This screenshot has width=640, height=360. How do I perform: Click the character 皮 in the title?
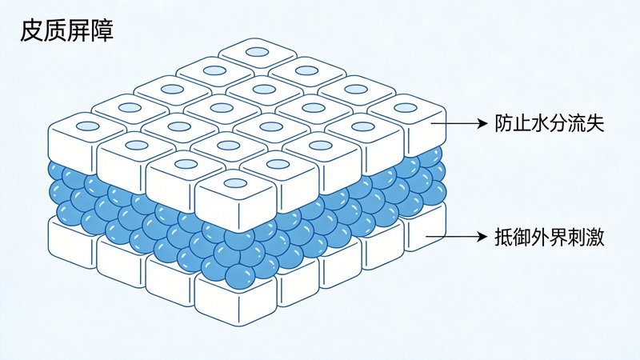click(x=31, y=31)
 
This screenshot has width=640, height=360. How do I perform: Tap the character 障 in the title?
click(x=102, y=31)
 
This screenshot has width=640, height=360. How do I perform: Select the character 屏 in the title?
click(x=78, y=31)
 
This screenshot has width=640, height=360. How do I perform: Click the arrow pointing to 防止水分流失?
click(x=459, y=123)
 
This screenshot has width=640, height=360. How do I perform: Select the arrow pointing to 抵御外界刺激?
click(x=457, y=236)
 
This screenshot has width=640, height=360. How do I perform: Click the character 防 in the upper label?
click(x=504, y=123)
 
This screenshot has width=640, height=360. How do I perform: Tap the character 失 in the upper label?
click(x=595, y=123)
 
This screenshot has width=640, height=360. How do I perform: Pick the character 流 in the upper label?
click(x=577, y=123)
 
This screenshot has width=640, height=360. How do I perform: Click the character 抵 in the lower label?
click(x=504, y=237)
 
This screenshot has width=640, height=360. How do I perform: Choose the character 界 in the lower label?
click(x=558, y=237)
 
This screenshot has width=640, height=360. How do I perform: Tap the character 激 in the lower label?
click(x=595, y=237)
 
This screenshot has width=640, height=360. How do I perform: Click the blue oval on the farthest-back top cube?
click(x=258, y=52)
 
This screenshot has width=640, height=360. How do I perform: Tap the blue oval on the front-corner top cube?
click(x=235, y=183)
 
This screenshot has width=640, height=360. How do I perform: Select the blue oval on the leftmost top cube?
click(x=88, y=126)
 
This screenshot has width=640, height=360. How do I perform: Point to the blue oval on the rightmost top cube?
click(x=406, y=108)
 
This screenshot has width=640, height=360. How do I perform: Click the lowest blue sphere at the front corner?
click(x=238, y=276)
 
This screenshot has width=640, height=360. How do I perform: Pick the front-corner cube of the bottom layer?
click(x=236, y=300)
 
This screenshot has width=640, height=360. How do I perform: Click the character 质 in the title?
click(x=54, y=31)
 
